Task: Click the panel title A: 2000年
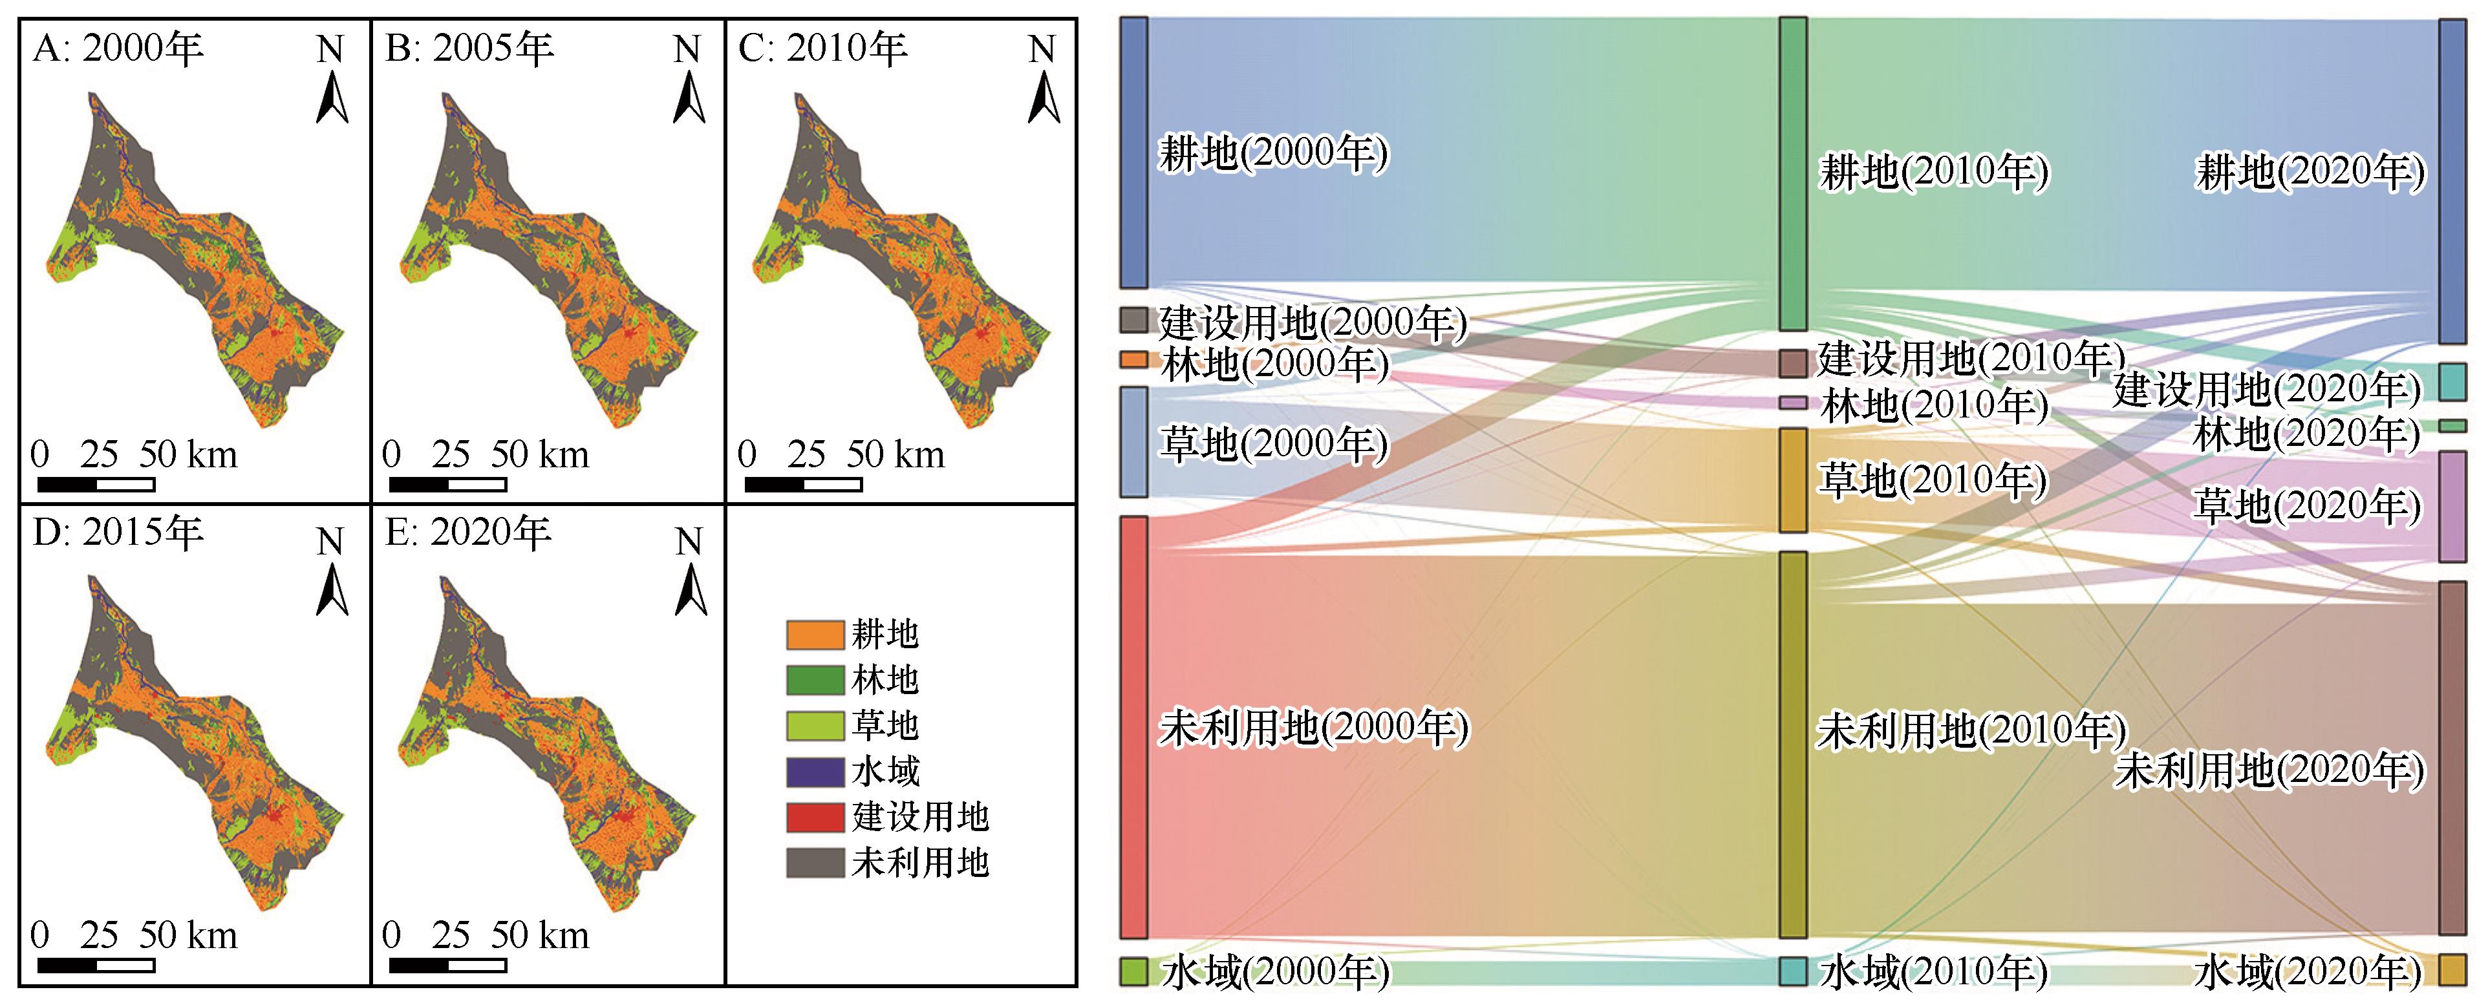click(118, 48)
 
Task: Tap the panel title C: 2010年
click(822, 48)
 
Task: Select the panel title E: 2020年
click(467, 532)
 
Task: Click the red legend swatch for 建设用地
click(814, 817)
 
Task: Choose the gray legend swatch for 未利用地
click(814, 862)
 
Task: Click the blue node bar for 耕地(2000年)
click(1134, 153)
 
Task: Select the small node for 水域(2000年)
click(1134, 971)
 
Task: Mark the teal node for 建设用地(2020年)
click(2452, 383)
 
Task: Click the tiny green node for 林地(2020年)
click(2452, 426)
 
